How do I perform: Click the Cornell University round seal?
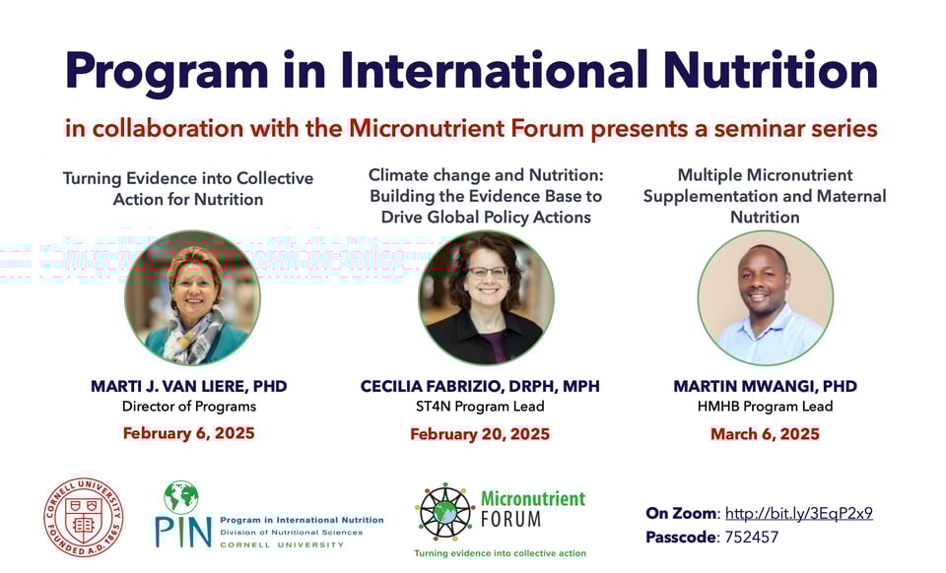click(84, 517)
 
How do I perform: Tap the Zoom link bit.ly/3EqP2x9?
click(798, 513)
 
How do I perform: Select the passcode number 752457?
click(752, 538)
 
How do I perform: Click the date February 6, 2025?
click(188, 432)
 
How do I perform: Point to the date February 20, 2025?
click(480, 433)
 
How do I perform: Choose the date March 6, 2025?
click(765, 433)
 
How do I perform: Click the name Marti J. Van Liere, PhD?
click(188, 386)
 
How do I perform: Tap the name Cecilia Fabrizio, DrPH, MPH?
click(480, 386)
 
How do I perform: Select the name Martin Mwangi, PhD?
click(765, 386)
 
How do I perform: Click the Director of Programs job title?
click(188, 407)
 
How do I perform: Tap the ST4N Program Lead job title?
click(480, 407)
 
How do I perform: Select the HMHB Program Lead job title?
click(765, 407)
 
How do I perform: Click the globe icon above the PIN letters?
click(181, 496)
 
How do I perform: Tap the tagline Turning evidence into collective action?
click(500, 553)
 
